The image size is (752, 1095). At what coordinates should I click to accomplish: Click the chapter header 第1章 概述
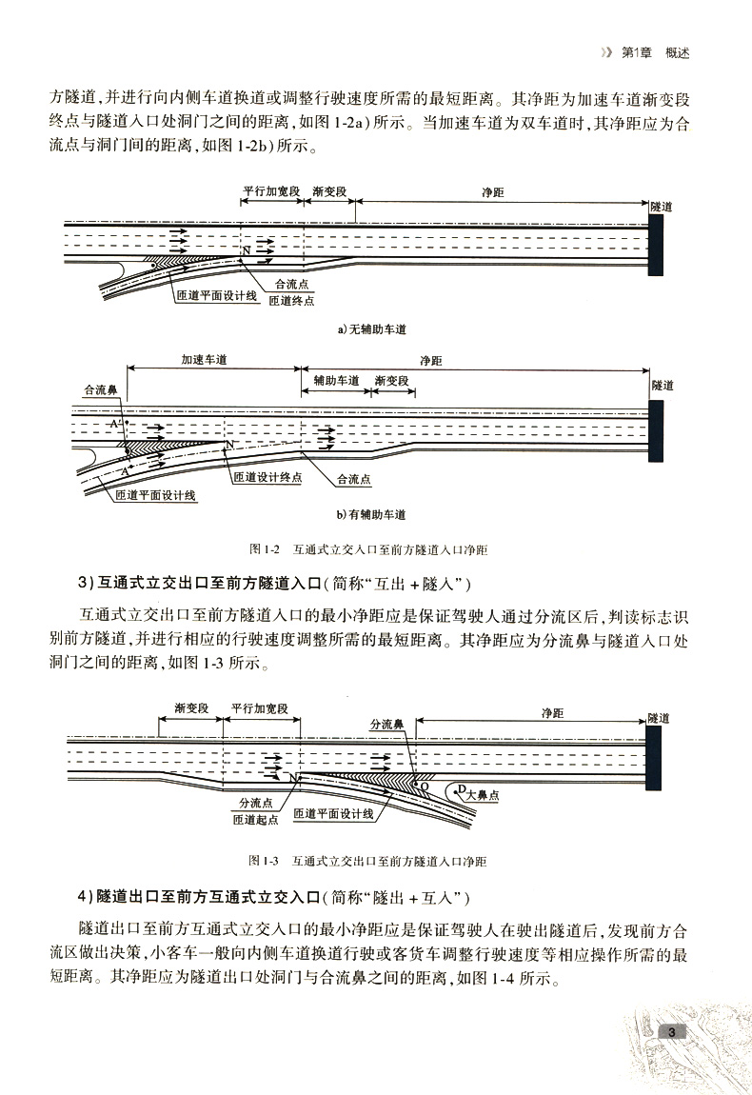coord(653,53)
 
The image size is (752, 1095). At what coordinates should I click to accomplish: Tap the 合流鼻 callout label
coord(101,389)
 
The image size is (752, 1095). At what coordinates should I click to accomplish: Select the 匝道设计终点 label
coord(267,477)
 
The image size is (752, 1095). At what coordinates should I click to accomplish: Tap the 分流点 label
coord(257,802)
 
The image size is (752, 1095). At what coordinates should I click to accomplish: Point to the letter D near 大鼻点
coord(460,788)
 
